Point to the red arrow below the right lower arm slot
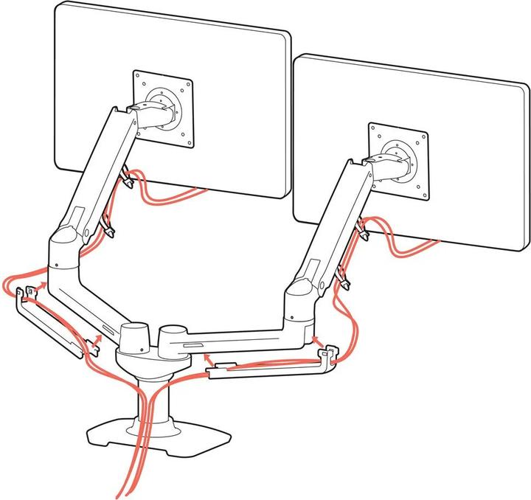[x=209, y=360]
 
